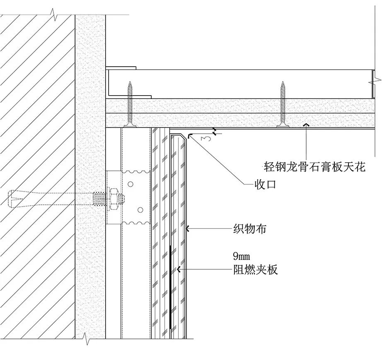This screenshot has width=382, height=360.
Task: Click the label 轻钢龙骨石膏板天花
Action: [315, 167]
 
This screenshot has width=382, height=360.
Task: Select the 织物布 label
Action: [249, 228]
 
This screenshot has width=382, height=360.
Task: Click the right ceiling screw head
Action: [283, 124]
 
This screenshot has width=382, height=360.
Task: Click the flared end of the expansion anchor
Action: [15, 198]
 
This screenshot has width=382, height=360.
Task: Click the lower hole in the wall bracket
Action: [140, 210]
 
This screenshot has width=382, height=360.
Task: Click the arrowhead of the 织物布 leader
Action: [188, 228]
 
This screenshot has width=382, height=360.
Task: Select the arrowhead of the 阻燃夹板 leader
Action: [179, 270]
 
